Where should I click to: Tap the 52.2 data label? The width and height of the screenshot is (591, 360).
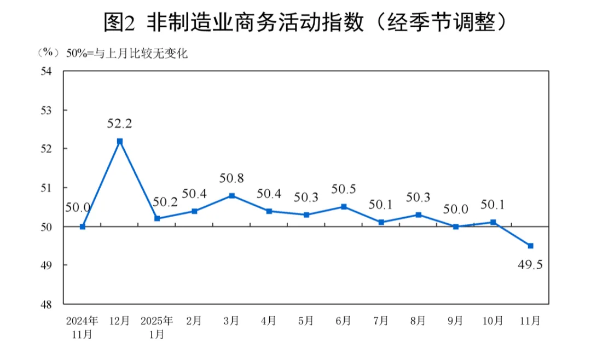tap(120, 124)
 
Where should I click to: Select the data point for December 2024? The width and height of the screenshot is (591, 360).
tap(120, 141)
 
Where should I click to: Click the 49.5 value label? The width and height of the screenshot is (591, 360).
tap(530, 265)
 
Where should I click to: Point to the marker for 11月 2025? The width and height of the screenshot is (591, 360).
tap(530, 246)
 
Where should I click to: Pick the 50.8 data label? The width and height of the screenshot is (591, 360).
tap(231, 178)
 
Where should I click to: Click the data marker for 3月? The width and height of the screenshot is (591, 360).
tap(231, 195)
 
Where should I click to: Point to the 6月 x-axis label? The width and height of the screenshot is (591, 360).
tap(343, 321)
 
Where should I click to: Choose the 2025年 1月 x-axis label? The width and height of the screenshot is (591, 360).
tap(157, 327)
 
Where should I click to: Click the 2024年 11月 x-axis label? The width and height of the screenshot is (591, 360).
tap(82, 327)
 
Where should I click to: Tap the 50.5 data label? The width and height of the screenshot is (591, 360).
tap(344, 189)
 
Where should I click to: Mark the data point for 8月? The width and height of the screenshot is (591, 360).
tap(418, 214)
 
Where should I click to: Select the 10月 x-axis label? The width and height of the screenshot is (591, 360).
tap(493, 321)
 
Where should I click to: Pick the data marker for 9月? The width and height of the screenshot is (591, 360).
tap(455, 227)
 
